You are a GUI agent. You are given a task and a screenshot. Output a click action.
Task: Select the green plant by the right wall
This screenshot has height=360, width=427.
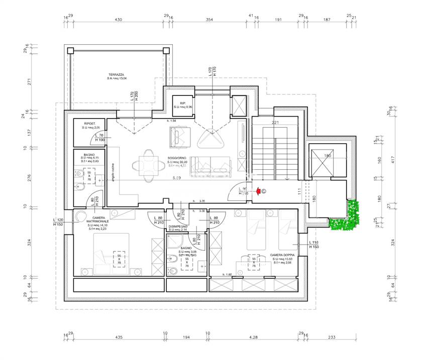point(347,215)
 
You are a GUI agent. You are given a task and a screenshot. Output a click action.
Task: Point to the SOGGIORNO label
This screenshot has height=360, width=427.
point(177,158)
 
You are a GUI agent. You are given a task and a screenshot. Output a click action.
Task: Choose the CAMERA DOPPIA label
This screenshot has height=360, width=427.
point(282,255)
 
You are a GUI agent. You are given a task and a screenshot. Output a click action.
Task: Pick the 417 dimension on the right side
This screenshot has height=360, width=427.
point(393,160)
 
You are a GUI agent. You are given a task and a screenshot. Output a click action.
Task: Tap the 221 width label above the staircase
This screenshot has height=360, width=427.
point(275,123)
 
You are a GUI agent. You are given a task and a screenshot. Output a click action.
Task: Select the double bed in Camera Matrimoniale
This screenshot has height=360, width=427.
point(111,255)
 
